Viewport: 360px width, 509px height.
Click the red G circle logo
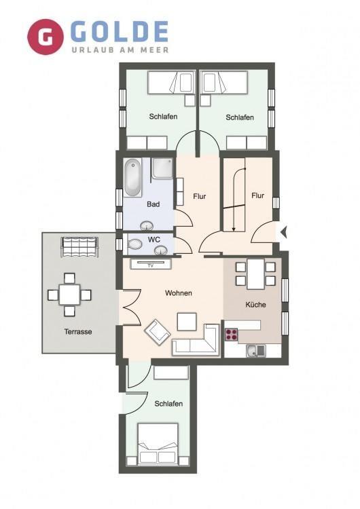pos(45,37)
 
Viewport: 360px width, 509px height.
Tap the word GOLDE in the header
pos(120,32)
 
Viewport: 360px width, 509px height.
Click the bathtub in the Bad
pos(132,178)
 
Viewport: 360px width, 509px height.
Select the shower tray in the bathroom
pos(163,168)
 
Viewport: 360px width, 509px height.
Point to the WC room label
pos(154,240)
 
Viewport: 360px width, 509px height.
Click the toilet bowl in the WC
pos(134,244)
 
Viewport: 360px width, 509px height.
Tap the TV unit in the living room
pos(150,264)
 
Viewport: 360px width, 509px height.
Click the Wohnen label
pos(179,293)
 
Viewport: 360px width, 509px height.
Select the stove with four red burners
pos(232,335)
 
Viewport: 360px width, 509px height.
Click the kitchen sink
pos(255,351)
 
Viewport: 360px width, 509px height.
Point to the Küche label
pos(255,305)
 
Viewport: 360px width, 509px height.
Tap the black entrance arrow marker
pos(284,232)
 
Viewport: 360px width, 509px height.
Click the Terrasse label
pos(78,332)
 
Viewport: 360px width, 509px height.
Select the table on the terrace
pos(69,295)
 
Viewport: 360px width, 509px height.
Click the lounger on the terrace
pos(79,247)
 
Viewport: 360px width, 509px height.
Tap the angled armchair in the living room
pos(158,331)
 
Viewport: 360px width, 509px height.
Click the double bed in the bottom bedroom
pos(158,443)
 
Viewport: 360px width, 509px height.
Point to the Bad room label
pos(153,204)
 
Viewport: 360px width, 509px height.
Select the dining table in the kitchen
pos(255,274)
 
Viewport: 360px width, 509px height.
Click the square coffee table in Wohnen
pos(187,322)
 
